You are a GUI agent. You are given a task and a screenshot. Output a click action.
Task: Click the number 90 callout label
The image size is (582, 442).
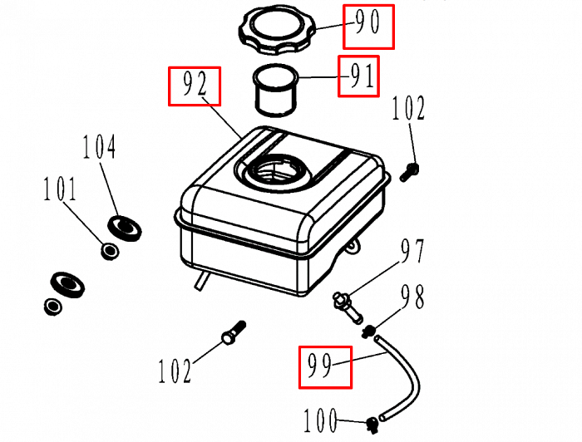367,26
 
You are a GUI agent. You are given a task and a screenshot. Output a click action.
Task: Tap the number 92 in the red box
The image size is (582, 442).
195,86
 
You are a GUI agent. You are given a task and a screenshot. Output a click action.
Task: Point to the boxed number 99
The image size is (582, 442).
325,366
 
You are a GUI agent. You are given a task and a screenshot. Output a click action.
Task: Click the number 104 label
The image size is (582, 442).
99,149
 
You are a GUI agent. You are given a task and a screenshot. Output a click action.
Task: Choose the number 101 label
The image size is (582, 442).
60,189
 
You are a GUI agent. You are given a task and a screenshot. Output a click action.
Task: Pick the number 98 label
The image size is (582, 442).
414,297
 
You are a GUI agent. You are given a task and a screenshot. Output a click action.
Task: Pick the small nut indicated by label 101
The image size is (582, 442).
108,250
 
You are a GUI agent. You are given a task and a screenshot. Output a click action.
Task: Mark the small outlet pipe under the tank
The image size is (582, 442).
201,283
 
